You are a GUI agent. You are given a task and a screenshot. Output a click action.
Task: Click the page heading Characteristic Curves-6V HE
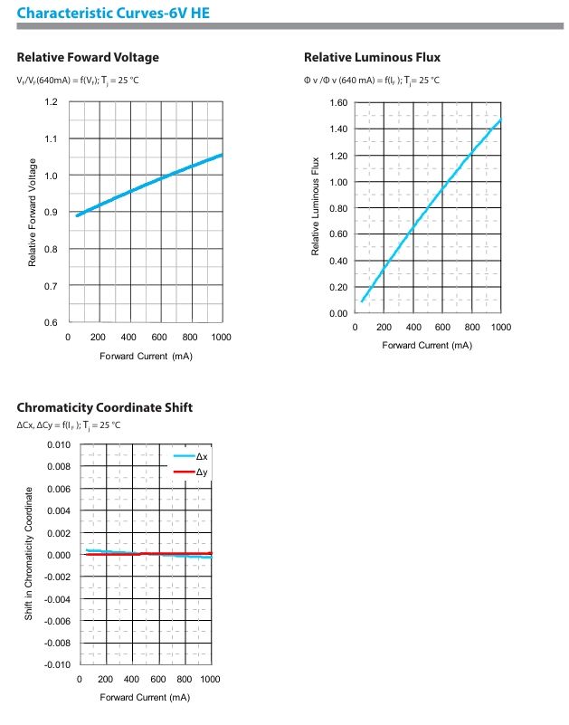pos(107,13)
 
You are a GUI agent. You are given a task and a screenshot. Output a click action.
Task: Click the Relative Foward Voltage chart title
pos(88,58)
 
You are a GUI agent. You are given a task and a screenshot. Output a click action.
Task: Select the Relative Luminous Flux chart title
pos(372,58)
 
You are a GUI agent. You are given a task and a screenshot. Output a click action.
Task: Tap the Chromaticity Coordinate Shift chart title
pos(104,407)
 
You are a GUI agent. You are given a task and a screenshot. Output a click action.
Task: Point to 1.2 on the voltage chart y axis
pos(51,101)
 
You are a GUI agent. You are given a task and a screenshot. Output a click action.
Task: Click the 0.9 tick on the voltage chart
pos(51,213)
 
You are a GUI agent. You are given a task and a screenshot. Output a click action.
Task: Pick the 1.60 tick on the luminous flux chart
pos(337,102)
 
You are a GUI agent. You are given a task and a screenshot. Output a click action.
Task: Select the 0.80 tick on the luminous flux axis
pos(337,208)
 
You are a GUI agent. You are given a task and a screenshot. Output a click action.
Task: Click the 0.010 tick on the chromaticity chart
pos(58,445)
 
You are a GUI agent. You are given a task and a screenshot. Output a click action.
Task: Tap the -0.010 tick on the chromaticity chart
pos(57,665)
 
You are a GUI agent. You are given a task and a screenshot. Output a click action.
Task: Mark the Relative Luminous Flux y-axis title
pos(316,206)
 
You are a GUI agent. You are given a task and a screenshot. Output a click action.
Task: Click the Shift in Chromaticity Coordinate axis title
pos(30,553)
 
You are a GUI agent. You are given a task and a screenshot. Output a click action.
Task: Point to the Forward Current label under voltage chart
pos(146,356)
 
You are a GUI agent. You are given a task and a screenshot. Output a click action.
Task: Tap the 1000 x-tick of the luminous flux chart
pos(500,327)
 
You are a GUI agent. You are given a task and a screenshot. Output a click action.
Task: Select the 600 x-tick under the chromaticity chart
pos(157,679)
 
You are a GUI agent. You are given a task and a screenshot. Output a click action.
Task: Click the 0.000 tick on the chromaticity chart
pos(58,555)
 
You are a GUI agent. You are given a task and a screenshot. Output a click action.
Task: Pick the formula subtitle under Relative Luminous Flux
pos(372,81)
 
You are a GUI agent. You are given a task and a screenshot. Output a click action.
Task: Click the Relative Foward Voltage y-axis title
pos(33,213)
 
